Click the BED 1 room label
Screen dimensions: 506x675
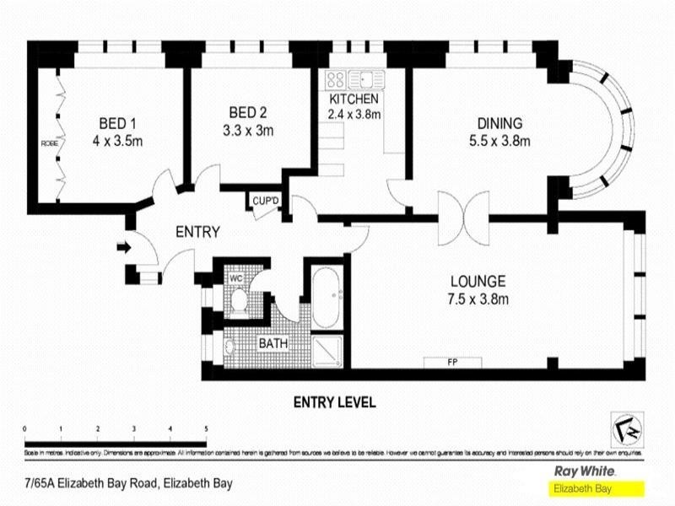[x=117, y=121]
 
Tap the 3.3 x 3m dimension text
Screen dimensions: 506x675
[x=249, y=131]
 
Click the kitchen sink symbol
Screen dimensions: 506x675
[x=368, y=80]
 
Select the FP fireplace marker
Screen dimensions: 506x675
[x=452, y=362]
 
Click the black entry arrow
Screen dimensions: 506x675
[x=123, y=247]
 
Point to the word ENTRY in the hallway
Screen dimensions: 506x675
[x=197, y=232]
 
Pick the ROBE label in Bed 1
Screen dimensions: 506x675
[x=49, y=143]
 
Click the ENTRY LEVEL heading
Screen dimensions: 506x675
[x=333, y=402]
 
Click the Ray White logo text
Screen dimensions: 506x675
[x=583, y=472]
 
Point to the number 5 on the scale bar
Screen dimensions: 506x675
[x=206, y=430]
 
